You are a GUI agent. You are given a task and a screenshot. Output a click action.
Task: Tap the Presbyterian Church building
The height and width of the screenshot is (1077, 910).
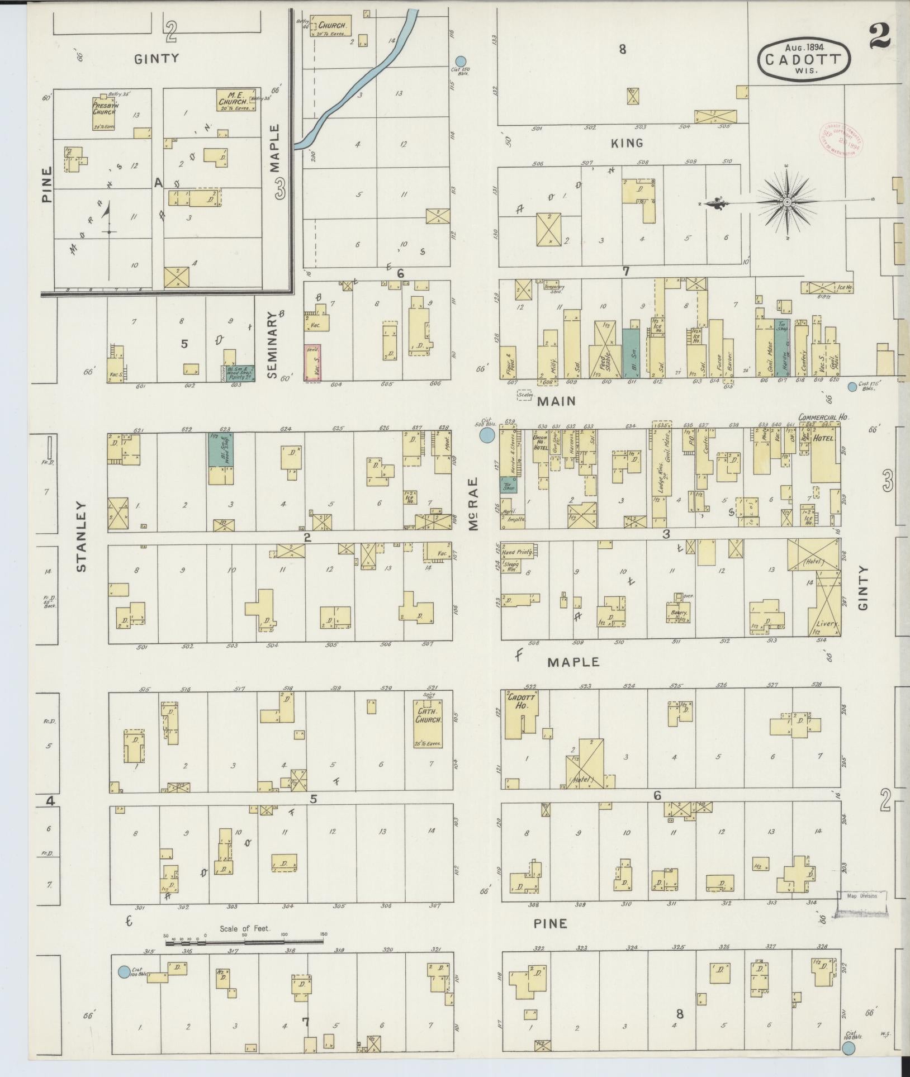[104, 111]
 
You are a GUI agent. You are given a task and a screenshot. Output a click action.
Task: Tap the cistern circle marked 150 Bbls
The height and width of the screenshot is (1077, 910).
[460, 61]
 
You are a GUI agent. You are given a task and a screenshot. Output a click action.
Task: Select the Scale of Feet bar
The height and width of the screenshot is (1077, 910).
[245, 942]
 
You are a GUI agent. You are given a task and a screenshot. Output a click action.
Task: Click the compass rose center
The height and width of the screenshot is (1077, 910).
[786, 202]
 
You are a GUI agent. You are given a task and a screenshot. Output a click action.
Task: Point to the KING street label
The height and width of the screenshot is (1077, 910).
[627, 143]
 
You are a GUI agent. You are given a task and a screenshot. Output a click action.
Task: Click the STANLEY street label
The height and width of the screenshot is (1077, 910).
[82, 537]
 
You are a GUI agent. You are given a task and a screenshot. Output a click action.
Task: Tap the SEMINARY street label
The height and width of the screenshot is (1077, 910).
[272, 345]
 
